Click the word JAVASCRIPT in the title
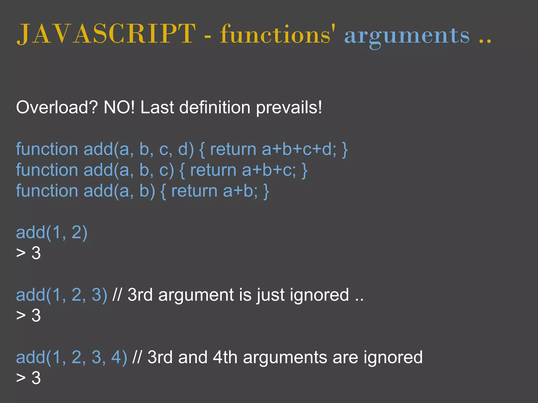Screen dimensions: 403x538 (106, 34)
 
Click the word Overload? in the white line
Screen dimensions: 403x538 (57, 108)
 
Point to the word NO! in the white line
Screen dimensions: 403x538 (119, 108)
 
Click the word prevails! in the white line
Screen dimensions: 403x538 (289, 108)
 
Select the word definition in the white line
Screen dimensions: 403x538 (215, 108)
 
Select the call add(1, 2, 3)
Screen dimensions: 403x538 (61, 295)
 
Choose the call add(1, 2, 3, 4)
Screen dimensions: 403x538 (71, 357)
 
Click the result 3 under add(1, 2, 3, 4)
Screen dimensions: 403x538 (36, 378)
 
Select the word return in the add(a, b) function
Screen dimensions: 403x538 (194, 191)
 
